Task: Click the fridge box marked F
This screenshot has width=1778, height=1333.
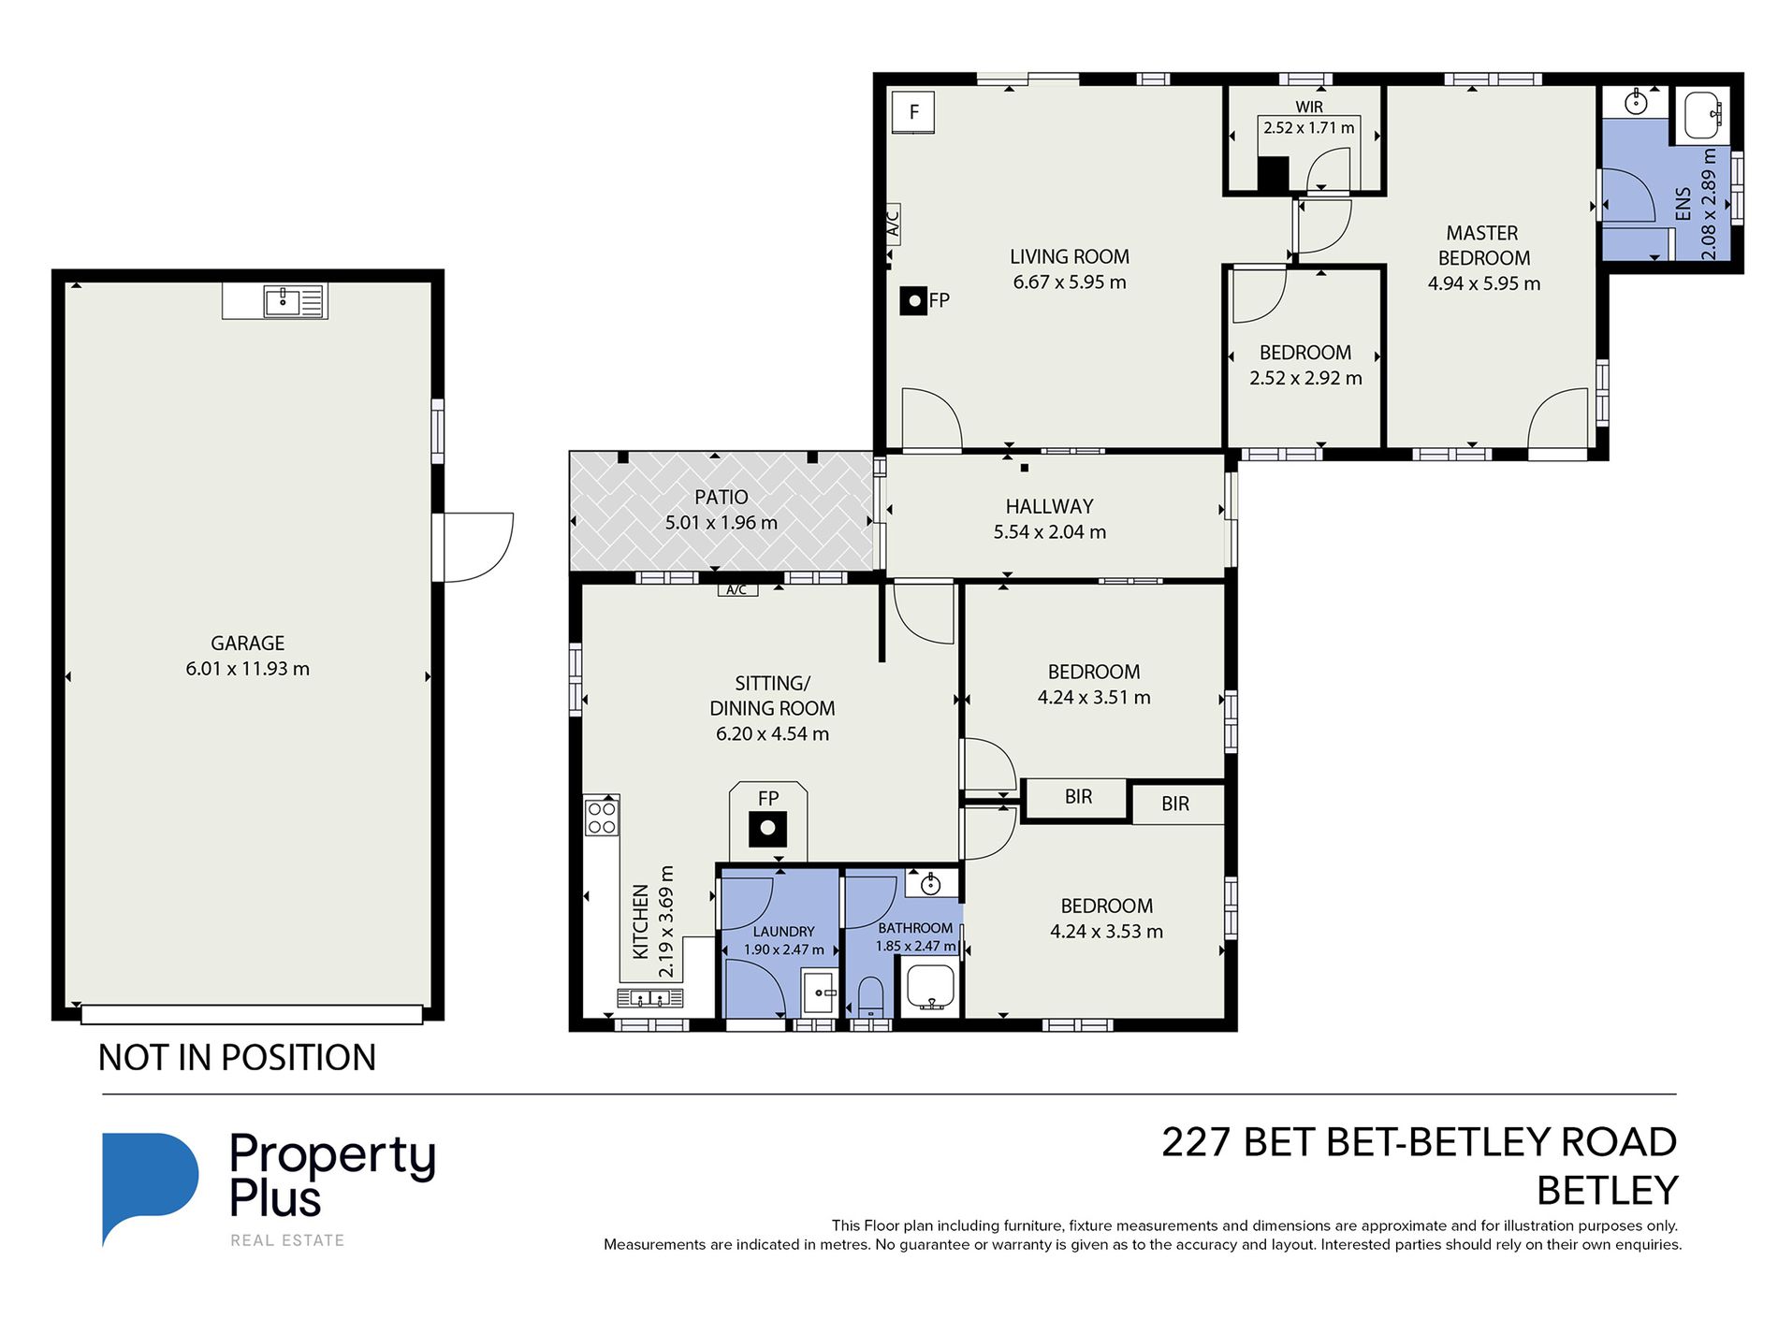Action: click(913, 112)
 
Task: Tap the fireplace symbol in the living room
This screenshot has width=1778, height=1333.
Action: click(914, 300)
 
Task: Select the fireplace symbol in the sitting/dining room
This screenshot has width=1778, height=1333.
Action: click(767, 828)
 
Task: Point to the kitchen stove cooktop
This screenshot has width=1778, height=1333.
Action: click(602, 818)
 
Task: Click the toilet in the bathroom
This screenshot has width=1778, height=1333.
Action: click(871, 996)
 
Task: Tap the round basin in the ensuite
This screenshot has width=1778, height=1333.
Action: click(1635, 103)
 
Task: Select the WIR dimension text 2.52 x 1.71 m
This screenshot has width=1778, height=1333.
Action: click(1308, 127)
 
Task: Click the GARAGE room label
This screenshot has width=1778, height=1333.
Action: click(247, 643)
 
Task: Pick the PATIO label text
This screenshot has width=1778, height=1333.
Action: click(721, 497)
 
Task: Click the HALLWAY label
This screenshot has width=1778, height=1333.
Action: click(1049, 506)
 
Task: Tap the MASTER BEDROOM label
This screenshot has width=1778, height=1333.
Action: click(1483, 245)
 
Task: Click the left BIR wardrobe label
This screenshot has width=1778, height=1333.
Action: click(1078, 796)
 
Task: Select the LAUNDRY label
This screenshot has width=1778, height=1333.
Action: click(783, 932)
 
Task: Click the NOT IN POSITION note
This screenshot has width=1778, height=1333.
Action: click(237, 1057)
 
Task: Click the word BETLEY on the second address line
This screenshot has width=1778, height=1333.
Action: click(1607, 1190)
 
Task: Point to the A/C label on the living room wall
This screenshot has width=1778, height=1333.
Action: click(893, 224)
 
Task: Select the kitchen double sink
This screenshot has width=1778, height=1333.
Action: click(649, 998)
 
